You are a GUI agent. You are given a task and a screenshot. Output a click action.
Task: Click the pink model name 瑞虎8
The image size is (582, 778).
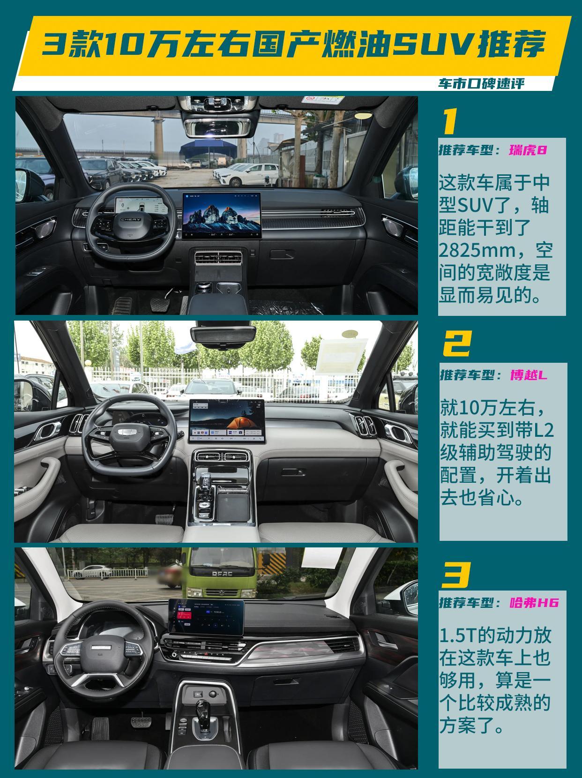[x=528, y=150]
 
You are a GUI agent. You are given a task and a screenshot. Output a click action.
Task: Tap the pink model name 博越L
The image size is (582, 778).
[x=529, y=375]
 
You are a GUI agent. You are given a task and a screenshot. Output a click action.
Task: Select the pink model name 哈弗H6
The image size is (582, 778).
[x=534, y=603]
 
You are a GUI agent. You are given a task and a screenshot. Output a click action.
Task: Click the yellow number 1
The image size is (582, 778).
[x=450, y=121]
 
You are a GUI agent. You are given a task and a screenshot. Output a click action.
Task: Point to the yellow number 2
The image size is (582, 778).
[x=457, y=344]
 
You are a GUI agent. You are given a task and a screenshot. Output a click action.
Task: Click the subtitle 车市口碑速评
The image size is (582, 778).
[x=481, y=83]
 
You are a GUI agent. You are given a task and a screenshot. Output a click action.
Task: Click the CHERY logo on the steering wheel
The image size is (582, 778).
[x=131, y=219]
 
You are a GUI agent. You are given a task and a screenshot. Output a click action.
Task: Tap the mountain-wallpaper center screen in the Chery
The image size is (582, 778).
[x=222, y=216]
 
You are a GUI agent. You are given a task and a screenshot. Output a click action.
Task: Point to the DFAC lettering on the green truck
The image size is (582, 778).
[x=222, y=574]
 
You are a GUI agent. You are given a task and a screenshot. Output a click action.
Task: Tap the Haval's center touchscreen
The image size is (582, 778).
[x=206, y=617]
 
